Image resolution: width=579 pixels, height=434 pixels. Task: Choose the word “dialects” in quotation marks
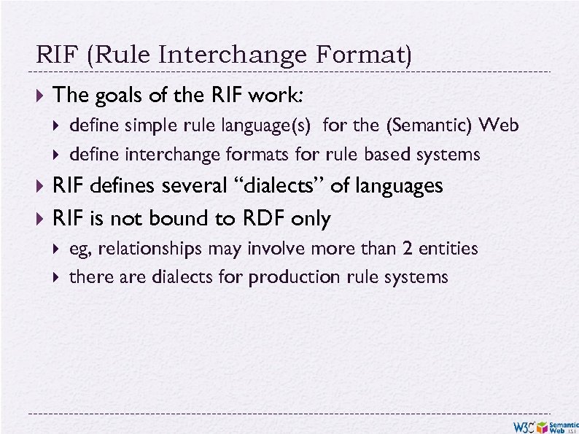pos(281,186)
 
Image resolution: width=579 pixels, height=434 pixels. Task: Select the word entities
pos(447,249)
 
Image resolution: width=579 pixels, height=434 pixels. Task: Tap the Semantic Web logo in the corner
pos(563,427)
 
